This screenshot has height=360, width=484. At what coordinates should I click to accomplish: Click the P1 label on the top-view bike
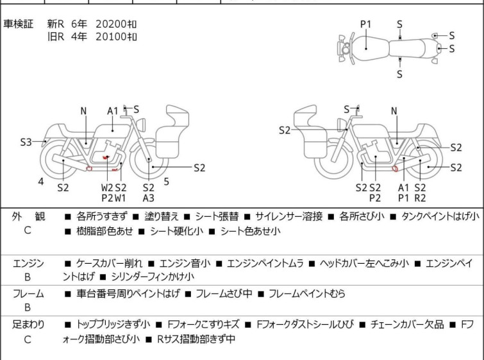pyautogui.click(x=366, y=24)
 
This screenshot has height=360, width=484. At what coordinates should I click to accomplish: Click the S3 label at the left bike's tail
pyautogui.click(x=26, y=142)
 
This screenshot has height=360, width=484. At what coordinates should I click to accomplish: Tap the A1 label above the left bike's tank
pyautogui.click(x=113, y=111)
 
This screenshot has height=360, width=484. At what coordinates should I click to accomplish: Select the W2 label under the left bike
pyautogui.click(x=107, y=187)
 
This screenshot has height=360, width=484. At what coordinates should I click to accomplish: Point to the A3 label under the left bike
pyautogui.click(x=149, y=198)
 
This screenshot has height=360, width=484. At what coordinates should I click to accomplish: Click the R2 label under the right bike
pyautogui.click(x=420, y=198)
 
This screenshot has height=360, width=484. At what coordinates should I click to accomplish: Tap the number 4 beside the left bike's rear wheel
pyautogui.click(x=41, y=182)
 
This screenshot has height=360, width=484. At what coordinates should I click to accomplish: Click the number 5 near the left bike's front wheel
pyautogui.click(x=167, y=182)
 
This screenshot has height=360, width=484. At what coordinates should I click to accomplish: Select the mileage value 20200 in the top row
pyautogui.click(x=111, y=24)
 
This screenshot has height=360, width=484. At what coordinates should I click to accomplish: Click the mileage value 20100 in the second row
pyautogui.click(x=111, y=37)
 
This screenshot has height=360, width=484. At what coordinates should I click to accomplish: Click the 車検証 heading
pyautogui.click(x=18, y=24)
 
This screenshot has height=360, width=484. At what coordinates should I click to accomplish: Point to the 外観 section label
pyautogui.click(x=28, y=216)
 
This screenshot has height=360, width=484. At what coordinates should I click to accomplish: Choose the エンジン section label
pyautogui.click(x=28, y=264)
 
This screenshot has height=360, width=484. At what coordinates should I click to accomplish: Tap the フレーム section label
pyautogui.click(x=28, y=293)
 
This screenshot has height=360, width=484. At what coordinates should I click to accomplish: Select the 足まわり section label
pyautogui.click(x=28, y=325)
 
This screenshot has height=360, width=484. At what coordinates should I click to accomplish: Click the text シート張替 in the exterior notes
pyautogui.click(x=217, y=216)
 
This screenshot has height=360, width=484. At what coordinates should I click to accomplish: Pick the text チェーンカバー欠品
pyautogui.click(x=407, y=325)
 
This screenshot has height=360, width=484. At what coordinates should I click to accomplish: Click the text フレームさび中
pyautogui.click(x=224, y=293)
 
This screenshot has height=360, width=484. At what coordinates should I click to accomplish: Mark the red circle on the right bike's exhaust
pyautogui.click(x=395, y=169)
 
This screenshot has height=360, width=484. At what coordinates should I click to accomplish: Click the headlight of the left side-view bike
pyautogui.click(x=141, y=124)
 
